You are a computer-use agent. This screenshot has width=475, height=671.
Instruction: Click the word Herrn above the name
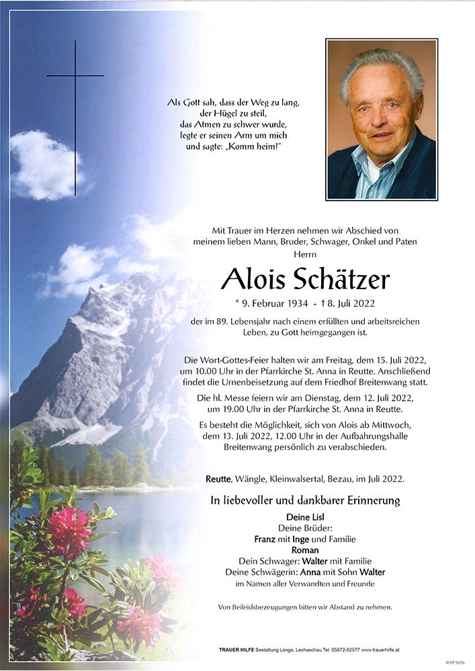(x=305, y=254)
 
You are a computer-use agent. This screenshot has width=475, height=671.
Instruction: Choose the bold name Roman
(x=305, y=549)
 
